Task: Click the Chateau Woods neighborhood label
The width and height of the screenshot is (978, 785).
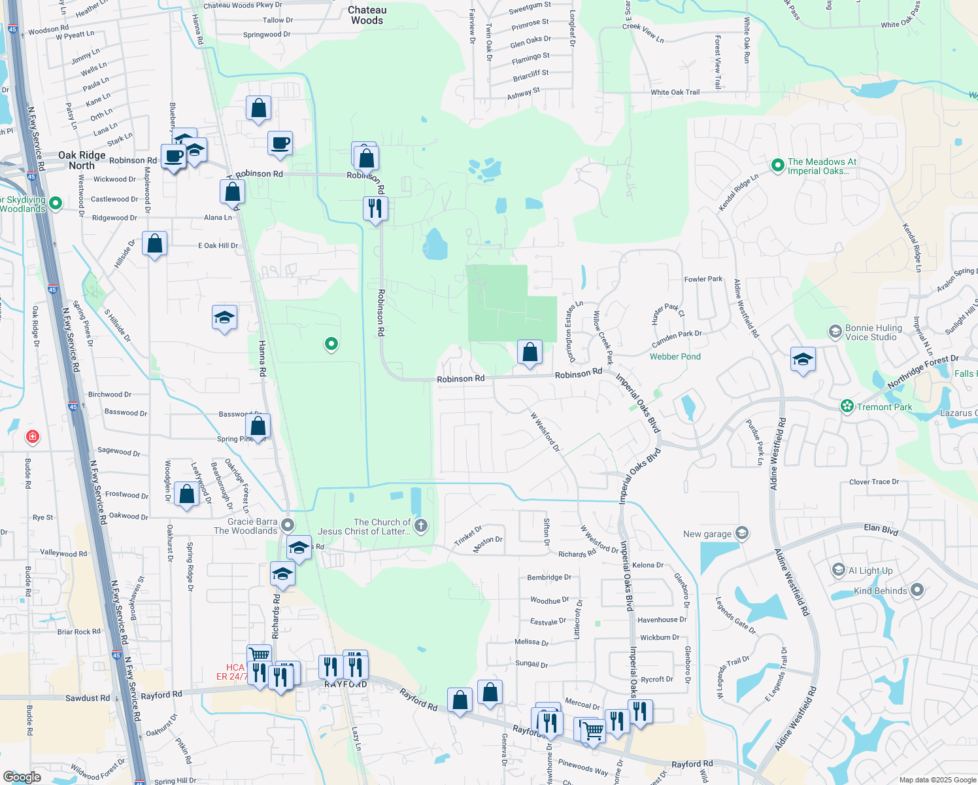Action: click(x=367, y=15)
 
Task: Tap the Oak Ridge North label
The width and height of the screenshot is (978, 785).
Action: click(x=82, y=160)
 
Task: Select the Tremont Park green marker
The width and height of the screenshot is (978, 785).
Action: click(x=847, y=406)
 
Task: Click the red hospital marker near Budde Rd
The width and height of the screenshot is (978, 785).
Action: click(x=32, y=436)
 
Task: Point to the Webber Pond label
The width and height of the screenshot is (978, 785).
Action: click(x=675, y=357)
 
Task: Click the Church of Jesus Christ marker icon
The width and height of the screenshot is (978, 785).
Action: click(x=421, y=525)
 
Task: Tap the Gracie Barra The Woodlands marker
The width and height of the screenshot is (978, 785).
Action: click(x=288, y=525)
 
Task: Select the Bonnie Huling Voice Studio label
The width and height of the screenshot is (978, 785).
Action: click(x=873, y=332)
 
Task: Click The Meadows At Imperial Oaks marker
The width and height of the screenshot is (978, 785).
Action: click(x=777, y=166)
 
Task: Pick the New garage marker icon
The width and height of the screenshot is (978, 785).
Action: click(x=741, y=533)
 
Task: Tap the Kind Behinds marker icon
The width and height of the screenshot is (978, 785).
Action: click(x=917, y=590)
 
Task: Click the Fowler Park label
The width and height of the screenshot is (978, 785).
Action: click(x=703, y=279)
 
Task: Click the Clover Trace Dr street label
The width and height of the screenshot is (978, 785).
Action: click(x=874, y=482)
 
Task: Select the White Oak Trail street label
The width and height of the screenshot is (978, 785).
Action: click(x=675, y=92)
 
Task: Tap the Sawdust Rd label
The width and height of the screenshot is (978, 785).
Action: click(x=88, y=698)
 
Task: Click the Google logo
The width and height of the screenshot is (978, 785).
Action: click(x=22, y=776)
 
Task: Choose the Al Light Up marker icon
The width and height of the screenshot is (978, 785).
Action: click(x=838, y=570)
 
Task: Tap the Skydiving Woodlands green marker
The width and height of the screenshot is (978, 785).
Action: click(x=56, y=203)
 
